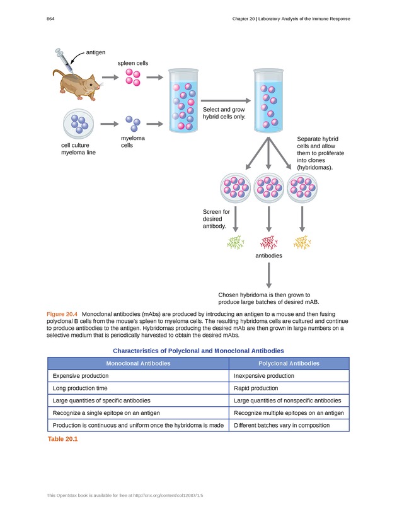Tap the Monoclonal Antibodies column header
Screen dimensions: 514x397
pyautogui.click(x=137, y=363)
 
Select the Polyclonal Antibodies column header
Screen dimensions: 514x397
pyautogui.click(x=289, y=363)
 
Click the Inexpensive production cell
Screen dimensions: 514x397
pyautogui.click(x=263, y=376)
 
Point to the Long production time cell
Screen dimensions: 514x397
pyautogui.click(x=80, y=388)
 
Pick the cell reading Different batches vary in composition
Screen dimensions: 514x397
pyautogui.click(x=282, y=425)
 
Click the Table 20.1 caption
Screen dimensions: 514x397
pyautogui.click(x=62, y=439)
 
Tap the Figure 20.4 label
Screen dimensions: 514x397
pyautogui.click(x=62, y=314)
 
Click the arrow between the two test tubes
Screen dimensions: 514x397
pyautogui.click(x=224, y=100)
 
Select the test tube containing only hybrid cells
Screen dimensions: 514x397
pyautogui.click(x=270, y=101)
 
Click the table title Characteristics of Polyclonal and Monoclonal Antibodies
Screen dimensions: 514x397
pyautogui.click(x=198, y=350)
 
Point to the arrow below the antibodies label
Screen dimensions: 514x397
pyautogui.click(x=269, y=275)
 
